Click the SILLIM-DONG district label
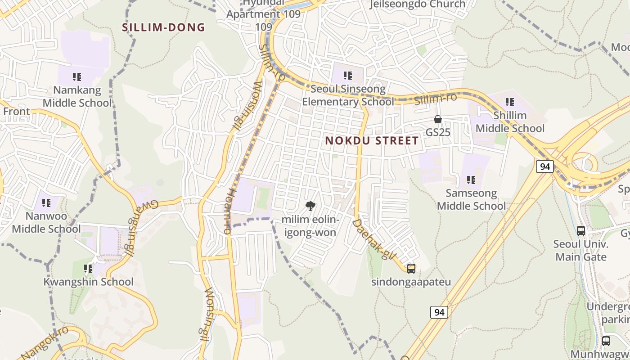click(163, 27)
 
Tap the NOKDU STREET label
click(372, 141)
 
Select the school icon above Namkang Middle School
click(76, 77)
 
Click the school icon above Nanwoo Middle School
click(46, 203)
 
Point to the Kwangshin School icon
click(88, 269)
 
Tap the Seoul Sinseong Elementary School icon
click(347, 76)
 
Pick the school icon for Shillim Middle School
click(509, 102)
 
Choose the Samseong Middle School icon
click(471, 180)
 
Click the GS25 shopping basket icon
click(437, 119)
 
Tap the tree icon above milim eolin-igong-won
click(310, 207)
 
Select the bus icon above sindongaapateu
click(411, 269)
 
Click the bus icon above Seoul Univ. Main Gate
click(581, 231)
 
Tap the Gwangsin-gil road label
click(141, 228)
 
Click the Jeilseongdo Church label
click(417, 4)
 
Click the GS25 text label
click(438, 132)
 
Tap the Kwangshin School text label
click(88, 282)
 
